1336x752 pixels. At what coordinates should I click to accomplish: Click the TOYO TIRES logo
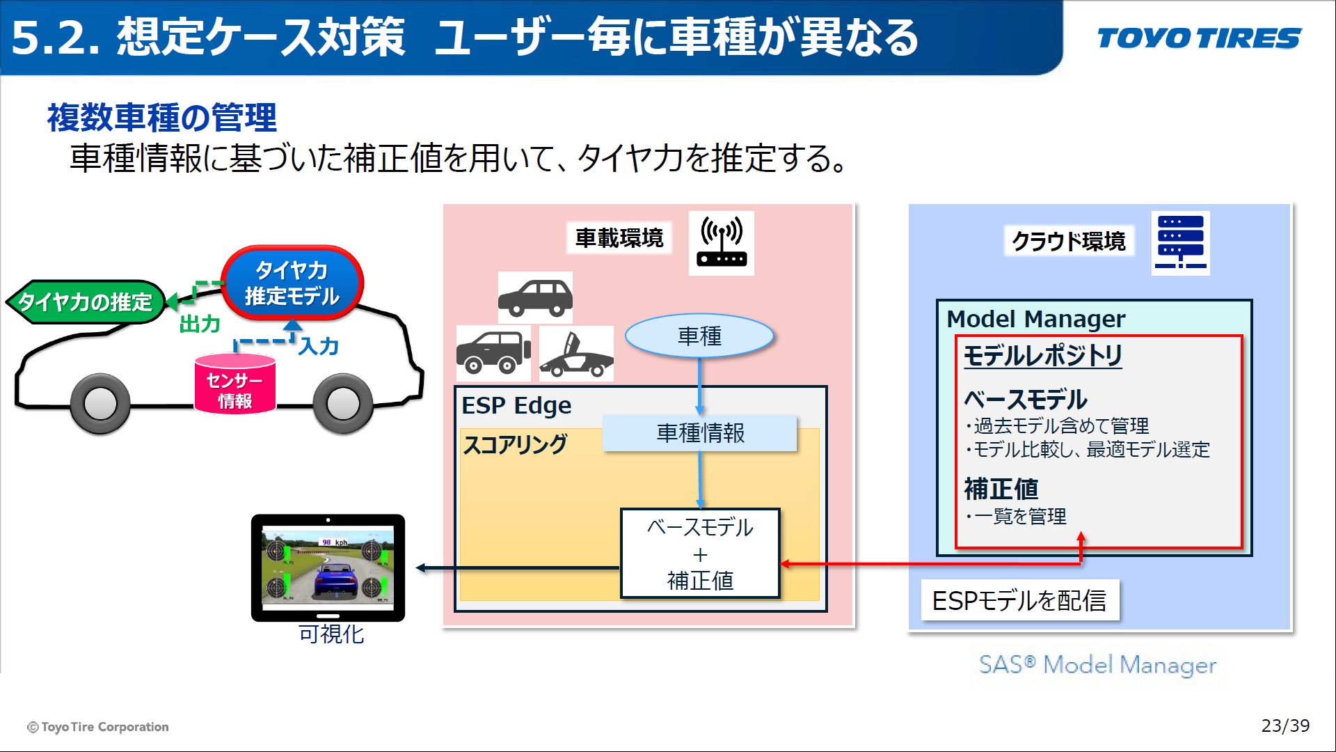(1199, 38)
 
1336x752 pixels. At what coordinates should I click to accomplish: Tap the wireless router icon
(722, 243)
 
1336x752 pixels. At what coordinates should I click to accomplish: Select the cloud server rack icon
(1180, 243)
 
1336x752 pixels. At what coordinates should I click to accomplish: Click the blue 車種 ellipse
(699, 336)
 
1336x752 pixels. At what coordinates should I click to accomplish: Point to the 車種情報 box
(699, 433)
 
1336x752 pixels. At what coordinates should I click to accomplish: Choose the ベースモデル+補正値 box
(699, 554)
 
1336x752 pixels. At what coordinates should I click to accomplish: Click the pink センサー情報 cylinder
(235, 384)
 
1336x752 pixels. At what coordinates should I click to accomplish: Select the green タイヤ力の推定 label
(85, 302)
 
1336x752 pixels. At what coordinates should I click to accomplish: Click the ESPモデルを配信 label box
(1019, 600)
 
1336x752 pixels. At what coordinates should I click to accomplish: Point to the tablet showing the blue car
(328, 567)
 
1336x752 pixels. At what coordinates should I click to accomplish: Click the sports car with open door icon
(576, 354)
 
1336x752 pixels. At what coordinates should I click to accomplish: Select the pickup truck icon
(493, 353)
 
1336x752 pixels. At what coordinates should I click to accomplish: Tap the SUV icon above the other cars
(535, 297)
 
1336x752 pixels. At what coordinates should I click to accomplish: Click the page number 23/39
(1285, 726)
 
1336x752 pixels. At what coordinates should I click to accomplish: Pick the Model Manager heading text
(1035, 319)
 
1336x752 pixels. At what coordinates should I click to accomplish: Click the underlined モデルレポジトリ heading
(1042, 356)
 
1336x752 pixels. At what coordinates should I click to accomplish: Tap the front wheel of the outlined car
(101, 403)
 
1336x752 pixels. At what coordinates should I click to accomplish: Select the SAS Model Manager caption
(1097, 665)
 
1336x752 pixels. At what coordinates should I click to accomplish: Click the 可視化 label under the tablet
(331, 634)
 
